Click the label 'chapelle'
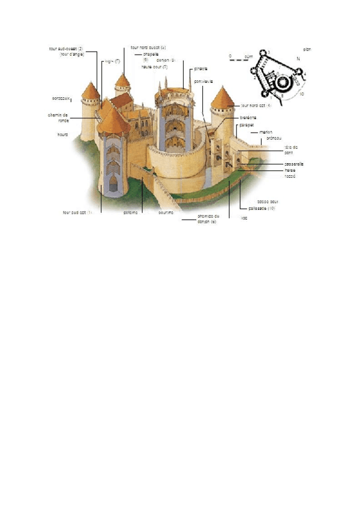[x=151, y=54]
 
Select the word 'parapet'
[x=247, y=125]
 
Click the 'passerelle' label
[x=294, y=164]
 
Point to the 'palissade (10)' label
[x=262, y=208]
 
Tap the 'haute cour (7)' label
[x=154, y=67]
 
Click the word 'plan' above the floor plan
[x=307, y=49]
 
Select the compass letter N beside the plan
[x=298, y=59]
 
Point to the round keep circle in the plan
[x=282, y=82]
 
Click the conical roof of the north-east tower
[x=223, y=98]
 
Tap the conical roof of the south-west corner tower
[x=91, y=91]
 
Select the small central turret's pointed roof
[x=122, y=80]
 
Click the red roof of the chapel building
[x=123, y=100]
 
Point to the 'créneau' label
[x=274, y=138]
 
